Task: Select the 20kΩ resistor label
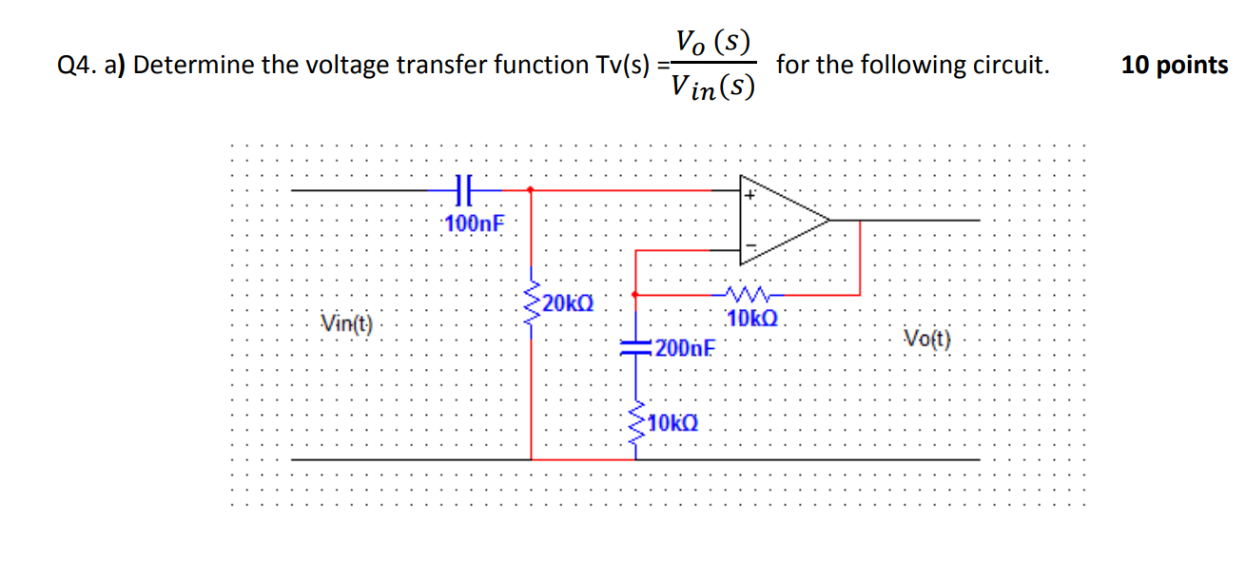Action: pos(569,303)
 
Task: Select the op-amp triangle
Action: pos(780,220)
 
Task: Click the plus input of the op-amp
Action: pos(750,195)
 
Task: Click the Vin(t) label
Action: pos(346,323)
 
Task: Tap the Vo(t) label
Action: pos(929,338)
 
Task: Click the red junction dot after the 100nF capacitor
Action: pos(531,189)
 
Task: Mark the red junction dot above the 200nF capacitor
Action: pos(635,294)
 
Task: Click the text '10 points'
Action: pos(1174,66)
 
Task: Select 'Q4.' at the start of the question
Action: pos(75,66)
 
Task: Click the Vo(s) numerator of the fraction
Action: pos(712,42)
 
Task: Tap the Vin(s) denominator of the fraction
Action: pos(712,87)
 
